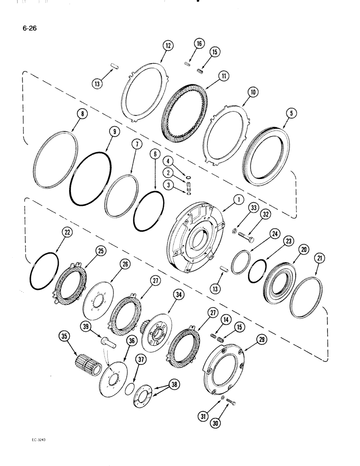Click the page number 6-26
29,27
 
